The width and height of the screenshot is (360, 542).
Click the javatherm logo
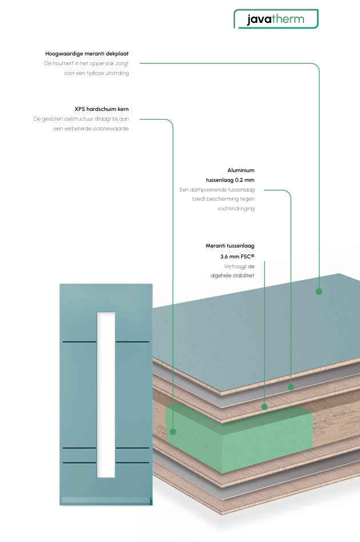coord(275,19)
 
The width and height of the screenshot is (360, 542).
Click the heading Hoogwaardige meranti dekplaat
coord(87,53)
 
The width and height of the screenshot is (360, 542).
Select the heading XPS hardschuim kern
coord(101,109)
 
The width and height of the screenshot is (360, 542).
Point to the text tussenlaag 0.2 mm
coord(230,180)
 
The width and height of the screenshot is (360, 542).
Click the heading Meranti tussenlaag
coord(230,246)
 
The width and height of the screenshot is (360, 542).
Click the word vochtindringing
coord(235,209)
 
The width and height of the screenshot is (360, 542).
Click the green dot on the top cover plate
coord(319,291)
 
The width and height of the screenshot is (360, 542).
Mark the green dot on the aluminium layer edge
coord(290,387)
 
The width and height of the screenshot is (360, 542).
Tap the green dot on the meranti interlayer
coord(265,407)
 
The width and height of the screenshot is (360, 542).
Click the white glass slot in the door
coord(106,394)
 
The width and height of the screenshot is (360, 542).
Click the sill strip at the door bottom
coord(106,501)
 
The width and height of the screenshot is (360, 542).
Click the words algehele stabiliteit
coord(232,276)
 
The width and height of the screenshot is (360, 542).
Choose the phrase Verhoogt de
coord(239,266)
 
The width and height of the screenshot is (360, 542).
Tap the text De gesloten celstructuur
coord(62,119)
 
